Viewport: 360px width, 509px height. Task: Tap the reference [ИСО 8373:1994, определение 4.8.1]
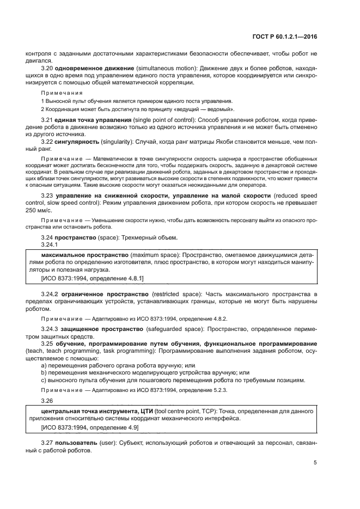[93, 278]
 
